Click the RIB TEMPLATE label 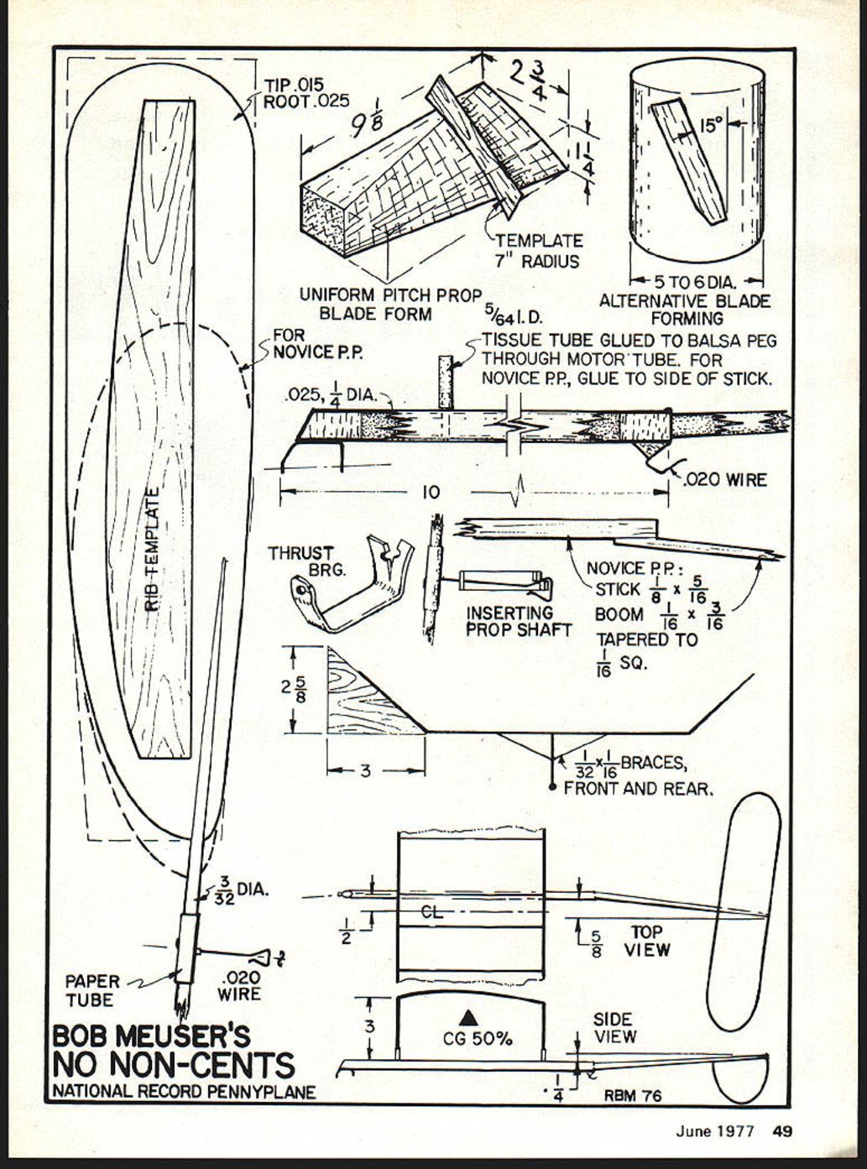click(152, 551)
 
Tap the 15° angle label click(711, 125)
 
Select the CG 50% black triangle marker click(469, 1017)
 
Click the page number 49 click(782, 1130)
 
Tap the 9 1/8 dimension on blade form click(367, 123)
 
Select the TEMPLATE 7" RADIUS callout click(537, 251)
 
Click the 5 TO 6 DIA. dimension click(696, 282)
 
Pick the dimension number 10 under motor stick click(430, 492)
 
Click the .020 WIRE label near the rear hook click(724, 480)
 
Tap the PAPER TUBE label click(91, 990)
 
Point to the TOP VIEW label click(646, 941)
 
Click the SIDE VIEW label click(614, 1028)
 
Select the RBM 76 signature click(632, 1095)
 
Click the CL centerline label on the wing click(432, 912)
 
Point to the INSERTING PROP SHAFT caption click(519, 621)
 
